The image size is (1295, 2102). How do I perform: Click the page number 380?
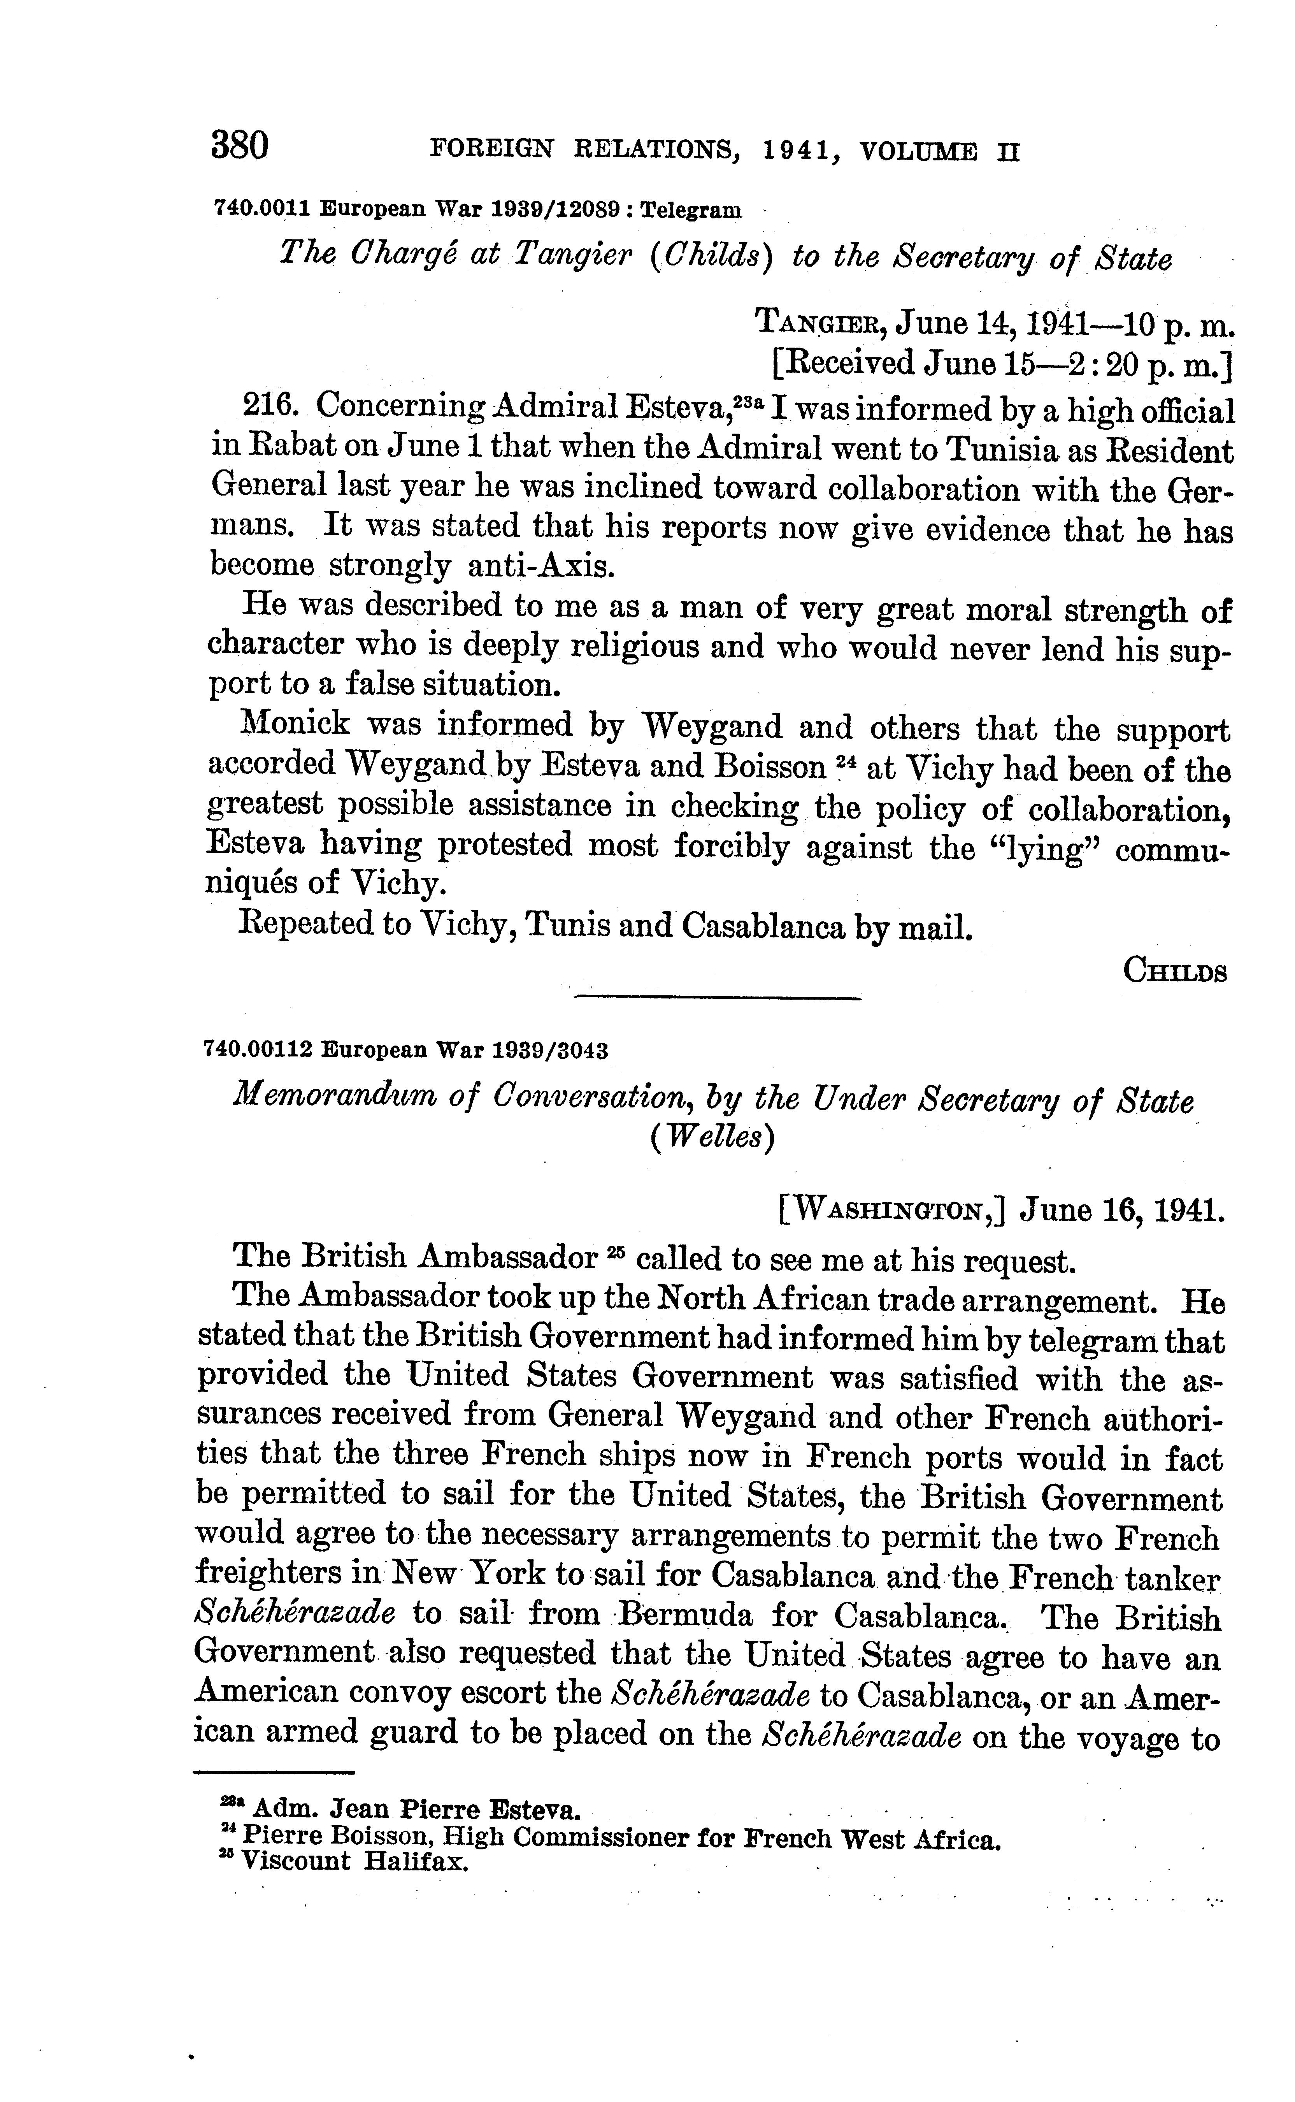(240, 146)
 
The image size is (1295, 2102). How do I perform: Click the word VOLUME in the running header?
(919, 153)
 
